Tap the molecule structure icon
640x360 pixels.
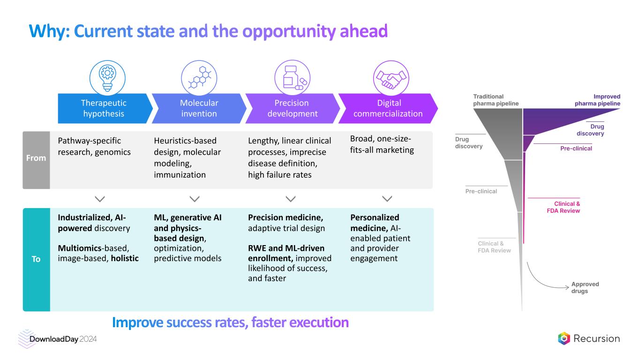coord(199,78)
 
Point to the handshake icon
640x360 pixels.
coord(391,78)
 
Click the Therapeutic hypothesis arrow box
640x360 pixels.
coord(104,108)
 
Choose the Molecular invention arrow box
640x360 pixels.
coord(199,108)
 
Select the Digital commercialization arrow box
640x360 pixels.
coord(387,108)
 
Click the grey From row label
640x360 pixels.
coord(36,158)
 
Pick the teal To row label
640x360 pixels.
coord(36,259)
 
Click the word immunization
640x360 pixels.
coord(180,175)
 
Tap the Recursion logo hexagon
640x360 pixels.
coord(564,338)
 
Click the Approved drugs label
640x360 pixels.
coord(585,288)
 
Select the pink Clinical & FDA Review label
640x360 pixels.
coord(564,207)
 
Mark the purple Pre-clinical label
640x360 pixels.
coord(576,149)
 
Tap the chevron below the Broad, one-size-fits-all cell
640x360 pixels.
coord(387,199)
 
